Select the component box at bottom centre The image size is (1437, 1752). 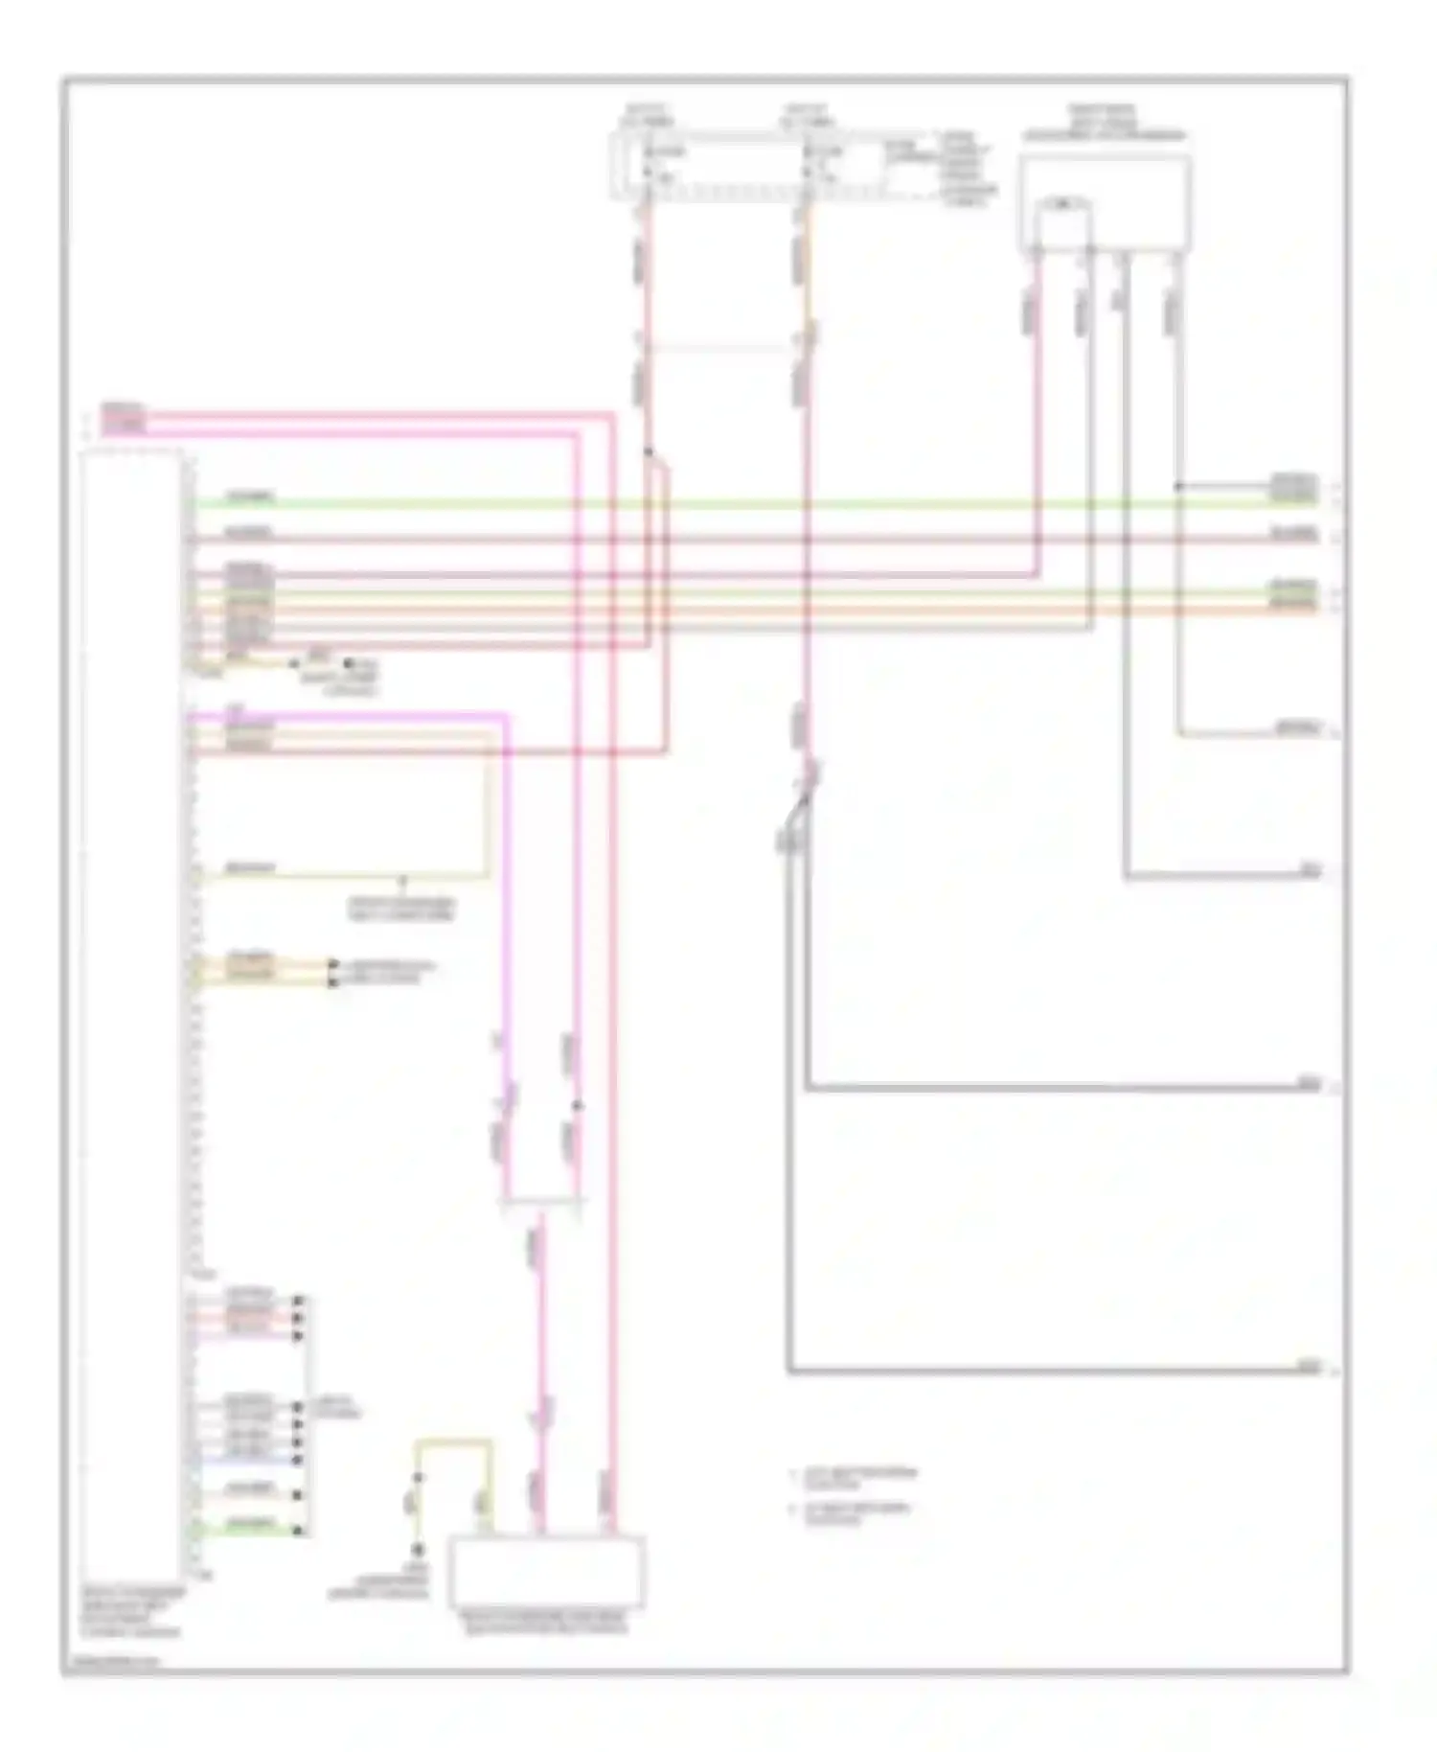pos(547,1572)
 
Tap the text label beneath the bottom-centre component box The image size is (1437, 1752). pos(545,1623)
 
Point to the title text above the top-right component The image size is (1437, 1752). pos(1104,124)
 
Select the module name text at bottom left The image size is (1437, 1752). pos(131,1611)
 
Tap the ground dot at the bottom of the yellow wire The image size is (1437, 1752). pos(418,1549)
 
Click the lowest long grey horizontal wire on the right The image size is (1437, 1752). pos(1054,1372)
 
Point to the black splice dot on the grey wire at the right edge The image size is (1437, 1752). pos(1178,487)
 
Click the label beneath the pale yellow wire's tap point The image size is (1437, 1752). pos(401,909)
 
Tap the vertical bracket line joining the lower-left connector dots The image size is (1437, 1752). pos(308,1414)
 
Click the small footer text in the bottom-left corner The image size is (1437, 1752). pos(115,1661)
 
